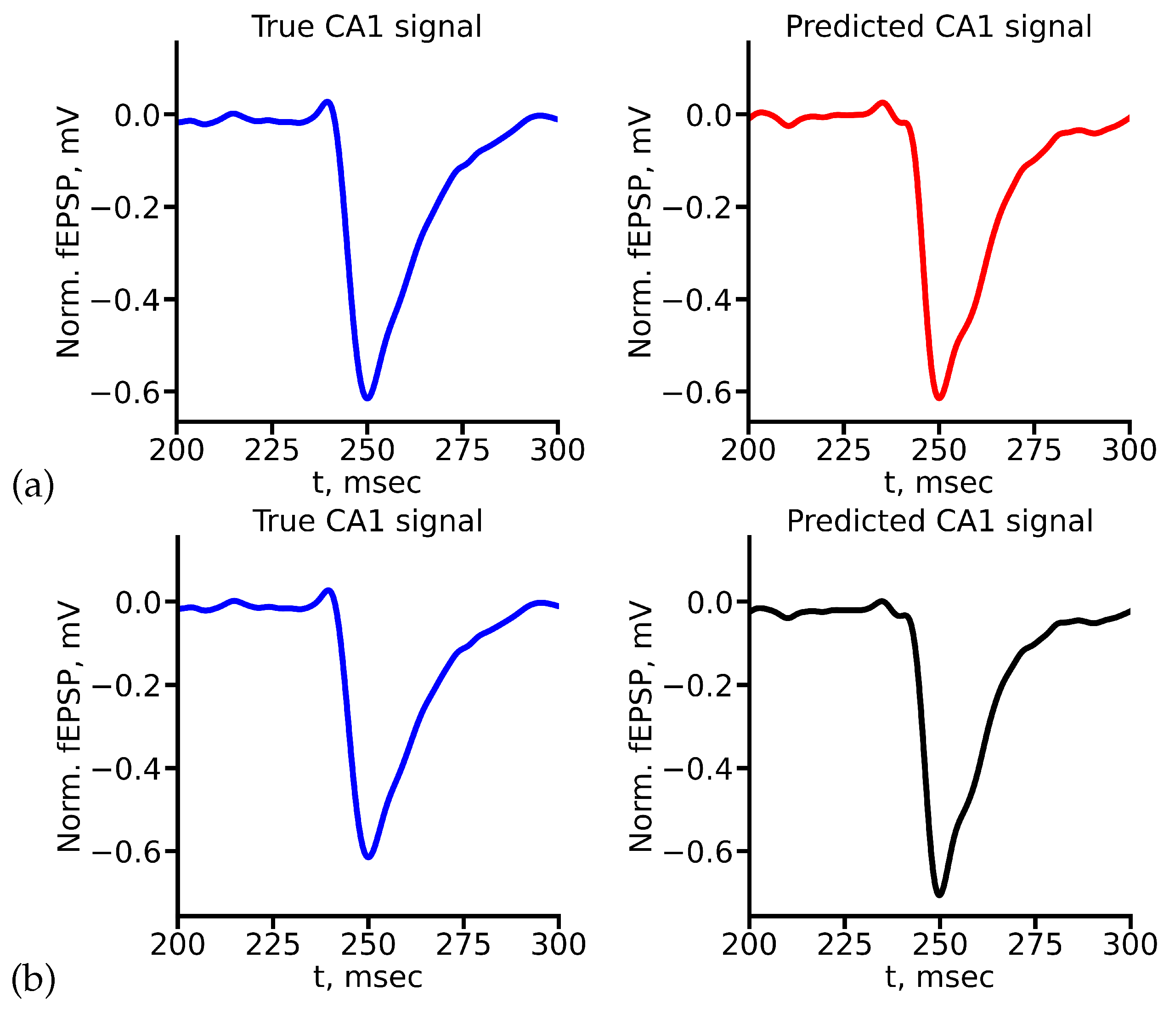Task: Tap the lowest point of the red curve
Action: [x=938, y=397]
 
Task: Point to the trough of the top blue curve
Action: [x=367, y=397]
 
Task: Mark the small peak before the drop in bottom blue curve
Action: [x=328, y=591]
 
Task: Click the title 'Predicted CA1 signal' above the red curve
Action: [x=938, y=27]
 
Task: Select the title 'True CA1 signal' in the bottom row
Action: [x=367, y=520]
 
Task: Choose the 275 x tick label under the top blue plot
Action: [x=462, y=450]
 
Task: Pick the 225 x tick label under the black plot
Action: [x=844, y=944]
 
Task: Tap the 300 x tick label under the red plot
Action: [x=1129, y=450]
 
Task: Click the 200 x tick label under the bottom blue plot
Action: [x=177, y=944]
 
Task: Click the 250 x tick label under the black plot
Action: [x=939, y=944]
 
